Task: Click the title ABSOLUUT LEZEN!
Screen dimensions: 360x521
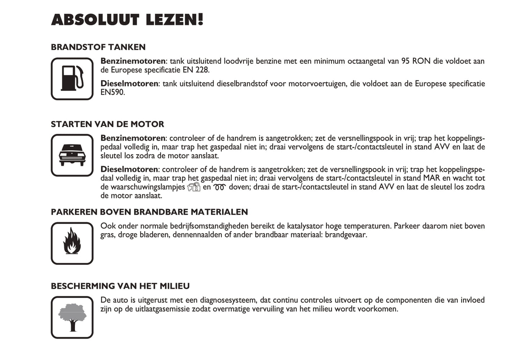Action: (x=127, y=20)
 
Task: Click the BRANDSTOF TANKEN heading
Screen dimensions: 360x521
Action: (x=98, y=47)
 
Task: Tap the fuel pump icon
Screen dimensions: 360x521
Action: (x=72, y=79)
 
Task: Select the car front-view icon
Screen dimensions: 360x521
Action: (x=72, y=155)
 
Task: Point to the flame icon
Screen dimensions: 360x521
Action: (x=72, y=243)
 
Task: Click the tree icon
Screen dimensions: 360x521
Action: (x=72, y=317)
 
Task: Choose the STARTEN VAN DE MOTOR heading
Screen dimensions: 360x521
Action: (x=107, y=124)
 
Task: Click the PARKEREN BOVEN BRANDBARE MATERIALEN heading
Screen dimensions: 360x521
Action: (x=149, y=212)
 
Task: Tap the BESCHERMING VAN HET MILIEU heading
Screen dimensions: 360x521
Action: (x=120, y=286)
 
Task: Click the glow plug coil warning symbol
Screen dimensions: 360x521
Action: (x=219, y=187)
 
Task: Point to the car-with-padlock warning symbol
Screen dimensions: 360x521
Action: (x=194, y=187)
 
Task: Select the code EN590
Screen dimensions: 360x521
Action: (x=112, y=92)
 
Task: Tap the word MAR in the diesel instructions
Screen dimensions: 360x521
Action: (x=431, y=178)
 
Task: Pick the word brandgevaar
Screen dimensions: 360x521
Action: (x=346, y=235)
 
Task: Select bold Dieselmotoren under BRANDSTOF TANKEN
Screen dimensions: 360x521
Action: (x=129, y=84)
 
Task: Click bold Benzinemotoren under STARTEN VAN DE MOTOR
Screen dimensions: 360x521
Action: (x=133, y=138)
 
